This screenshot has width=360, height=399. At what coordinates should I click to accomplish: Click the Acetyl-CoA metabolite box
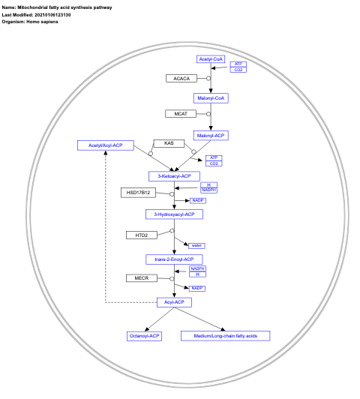click(x=211, y=58)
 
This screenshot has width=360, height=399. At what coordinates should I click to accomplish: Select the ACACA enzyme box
click(x=181, y=78)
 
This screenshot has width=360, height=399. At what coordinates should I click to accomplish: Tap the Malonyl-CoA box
click(x=211, y=97)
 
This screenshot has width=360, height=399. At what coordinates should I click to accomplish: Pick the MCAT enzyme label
click(x=181, y=114)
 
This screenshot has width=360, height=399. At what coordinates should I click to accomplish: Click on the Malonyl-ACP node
click(x=211, y=135)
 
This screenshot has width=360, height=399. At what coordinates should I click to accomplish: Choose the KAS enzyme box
click(x=169, y=142)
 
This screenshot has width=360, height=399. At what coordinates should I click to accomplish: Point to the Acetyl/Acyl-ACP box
click(x=106, y=145)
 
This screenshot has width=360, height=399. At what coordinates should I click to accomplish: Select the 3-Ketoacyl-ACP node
click(x=175, y=175)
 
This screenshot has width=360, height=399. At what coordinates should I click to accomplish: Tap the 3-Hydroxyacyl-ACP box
click(x=175, y=214)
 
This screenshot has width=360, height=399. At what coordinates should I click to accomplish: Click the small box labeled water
click(x=196, y=245)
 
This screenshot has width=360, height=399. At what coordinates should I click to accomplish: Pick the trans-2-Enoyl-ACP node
click(x=175, y=259)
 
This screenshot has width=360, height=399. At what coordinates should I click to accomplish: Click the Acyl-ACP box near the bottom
click(x=175, y=301)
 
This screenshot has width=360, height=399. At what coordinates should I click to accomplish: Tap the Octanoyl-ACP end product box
click(x=145, y=335)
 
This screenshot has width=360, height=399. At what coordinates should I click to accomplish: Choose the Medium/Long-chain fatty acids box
click(x=225, y=335)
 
